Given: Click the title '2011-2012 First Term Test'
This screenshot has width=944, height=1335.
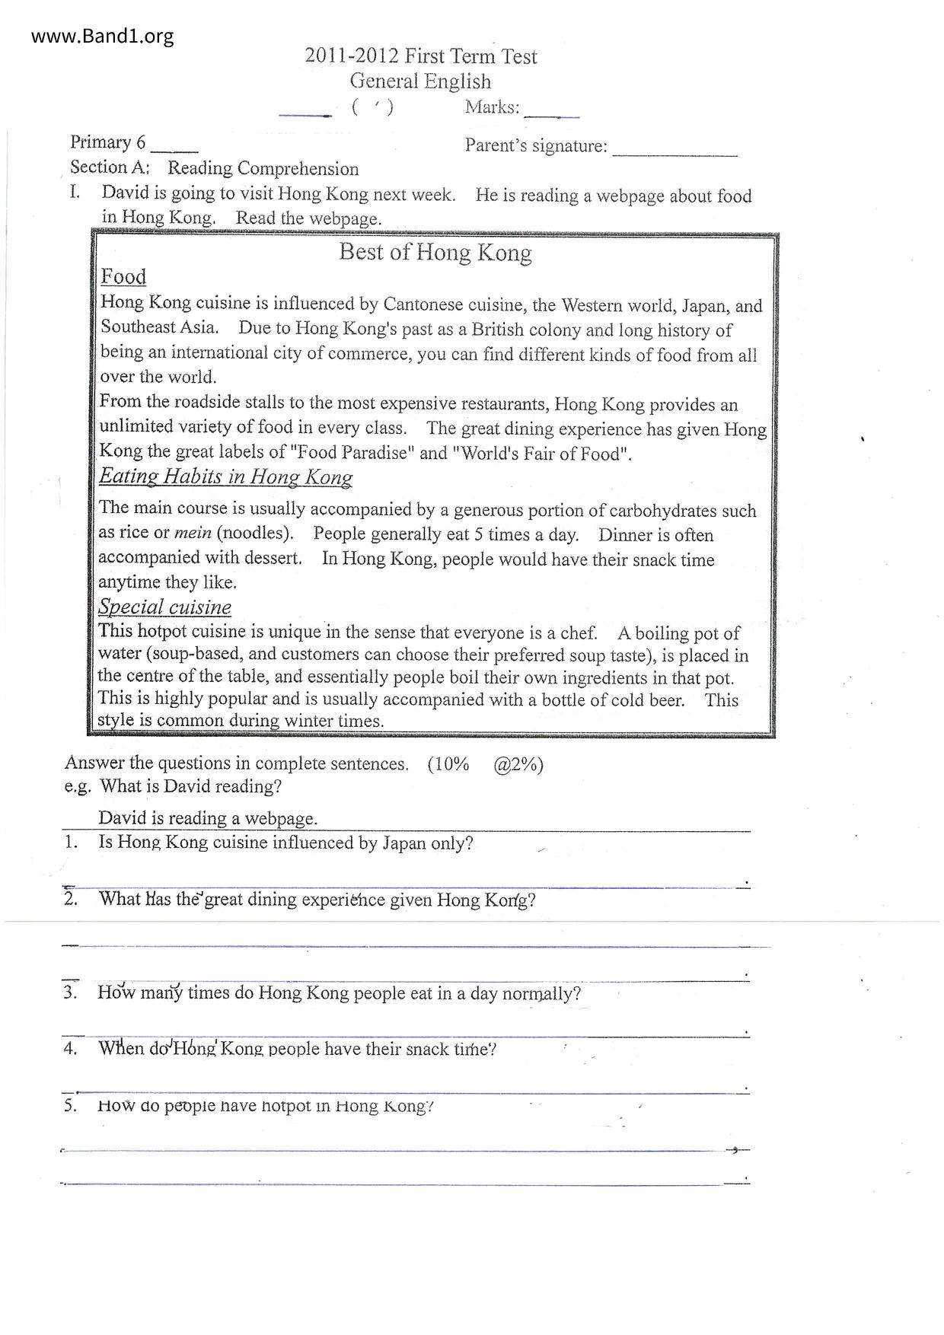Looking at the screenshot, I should pos(420,56).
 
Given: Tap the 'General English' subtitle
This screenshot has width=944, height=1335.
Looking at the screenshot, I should pos(420,81).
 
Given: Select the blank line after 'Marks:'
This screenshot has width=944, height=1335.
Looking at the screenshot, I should pos(552,114).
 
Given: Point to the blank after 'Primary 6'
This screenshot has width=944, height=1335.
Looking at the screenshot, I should pos(174,148).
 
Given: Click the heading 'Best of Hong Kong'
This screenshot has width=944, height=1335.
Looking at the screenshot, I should pos(435,252).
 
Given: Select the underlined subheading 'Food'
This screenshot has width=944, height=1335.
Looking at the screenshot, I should pos(123,276).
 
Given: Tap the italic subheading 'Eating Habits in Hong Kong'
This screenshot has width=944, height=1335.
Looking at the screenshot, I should pos(225,477).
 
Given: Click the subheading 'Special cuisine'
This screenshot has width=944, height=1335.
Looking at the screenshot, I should pos(164,607).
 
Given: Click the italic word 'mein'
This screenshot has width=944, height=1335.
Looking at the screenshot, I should pos(193,533).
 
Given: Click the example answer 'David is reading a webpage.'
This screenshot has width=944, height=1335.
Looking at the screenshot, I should pos(208,818).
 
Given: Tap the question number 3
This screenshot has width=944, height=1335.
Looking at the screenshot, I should pos(71,992).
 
